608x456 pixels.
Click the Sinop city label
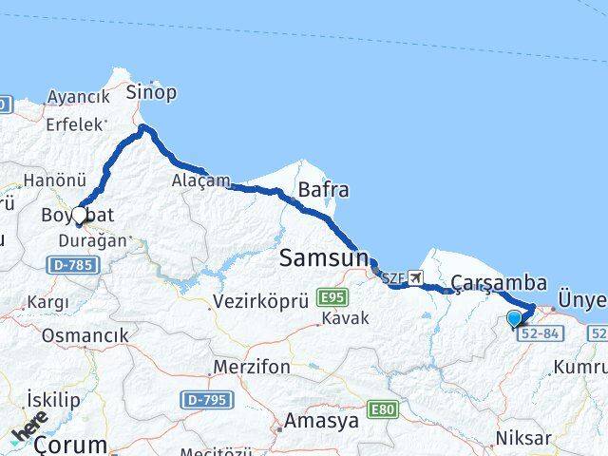pos(152,93)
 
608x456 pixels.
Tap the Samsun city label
pos(322,257)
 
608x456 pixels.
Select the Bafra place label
pos(323,189)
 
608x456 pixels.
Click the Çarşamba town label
pos(500,282)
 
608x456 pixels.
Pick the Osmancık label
pos(84,335)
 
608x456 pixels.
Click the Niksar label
pos(522,438)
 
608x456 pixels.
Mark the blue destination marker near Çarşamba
pos(515,318)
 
